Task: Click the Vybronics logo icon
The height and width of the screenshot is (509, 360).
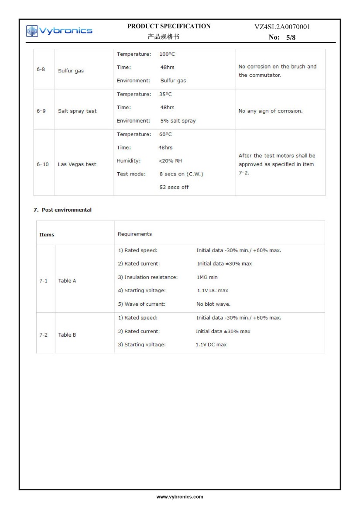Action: (32, 31)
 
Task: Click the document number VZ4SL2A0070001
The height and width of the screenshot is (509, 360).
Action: (282, 27)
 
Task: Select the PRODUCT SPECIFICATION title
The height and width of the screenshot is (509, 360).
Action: (169, 26)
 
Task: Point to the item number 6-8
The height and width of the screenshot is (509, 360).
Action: (41, 69)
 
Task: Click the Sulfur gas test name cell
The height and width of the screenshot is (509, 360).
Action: (71, 71)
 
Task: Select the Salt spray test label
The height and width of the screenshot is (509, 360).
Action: (77, 111)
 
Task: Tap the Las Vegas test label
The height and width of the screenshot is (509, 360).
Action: (77, 164)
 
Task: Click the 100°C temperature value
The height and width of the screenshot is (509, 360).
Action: (167, 55)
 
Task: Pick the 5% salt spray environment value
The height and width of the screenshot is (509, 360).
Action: (178, 121)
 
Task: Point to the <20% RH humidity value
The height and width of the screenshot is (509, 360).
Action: (171, 161)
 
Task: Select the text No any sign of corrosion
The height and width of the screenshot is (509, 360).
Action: (270, 111)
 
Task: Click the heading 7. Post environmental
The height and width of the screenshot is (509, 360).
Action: (63, 210)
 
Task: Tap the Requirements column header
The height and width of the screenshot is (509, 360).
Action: (135, 234)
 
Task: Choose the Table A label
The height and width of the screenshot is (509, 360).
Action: (67, 281)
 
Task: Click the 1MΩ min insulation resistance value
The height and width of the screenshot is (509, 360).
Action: (207, 277)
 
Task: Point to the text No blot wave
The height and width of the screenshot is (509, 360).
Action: (213, 304)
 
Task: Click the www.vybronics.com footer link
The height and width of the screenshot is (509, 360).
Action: (180, 497)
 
